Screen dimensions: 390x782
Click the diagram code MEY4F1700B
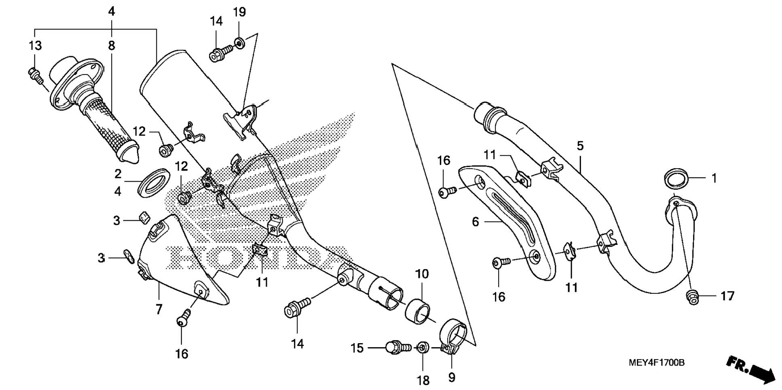point(656,362)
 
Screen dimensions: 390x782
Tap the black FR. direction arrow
point(751,368)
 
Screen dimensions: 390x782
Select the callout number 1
point(714,178)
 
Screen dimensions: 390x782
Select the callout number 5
point(580,146)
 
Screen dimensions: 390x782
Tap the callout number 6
point(475,222)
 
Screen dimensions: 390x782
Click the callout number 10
point(421,274)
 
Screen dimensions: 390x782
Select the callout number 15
point(357,348)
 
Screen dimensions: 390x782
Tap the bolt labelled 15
point(396,347)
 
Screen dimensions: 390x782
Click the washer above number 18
point(423,347)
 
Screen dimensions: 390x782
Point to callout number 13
point(35,46)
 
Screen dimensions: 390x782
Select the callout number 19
point(239,12)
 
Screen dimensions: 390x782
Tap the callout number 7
point(159,309)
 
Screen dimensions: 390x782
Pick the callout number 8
point(111,46)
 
